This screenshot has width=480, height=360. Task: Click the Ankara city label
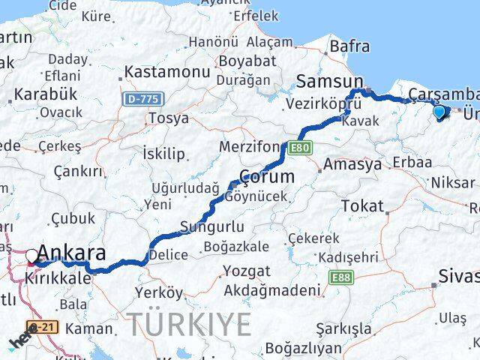[71, 253]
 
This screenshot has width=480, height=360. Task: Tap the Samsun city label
[330, 81]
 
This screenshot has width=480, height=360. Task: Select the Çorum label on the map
[266, 178]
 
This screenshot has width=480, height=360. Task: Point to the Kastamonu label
[166, 72]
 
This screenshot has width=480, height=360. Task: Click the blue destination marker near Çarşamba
[439, 112]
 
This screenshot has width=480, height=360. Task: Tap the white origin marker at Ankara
[31, 256]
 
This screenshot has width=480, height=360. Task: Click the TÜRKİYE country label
[188, 325]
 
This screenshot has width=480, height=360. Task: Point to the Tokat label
[362, 205]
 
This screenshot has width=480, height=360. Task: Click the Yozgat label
[244, 271]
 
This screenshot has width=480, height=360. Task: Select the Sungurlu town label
[212, 226]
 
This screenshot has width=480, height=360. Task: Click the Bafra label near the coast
[349, 46]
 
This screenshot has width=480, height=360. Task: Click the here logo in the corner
[21, 342]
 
